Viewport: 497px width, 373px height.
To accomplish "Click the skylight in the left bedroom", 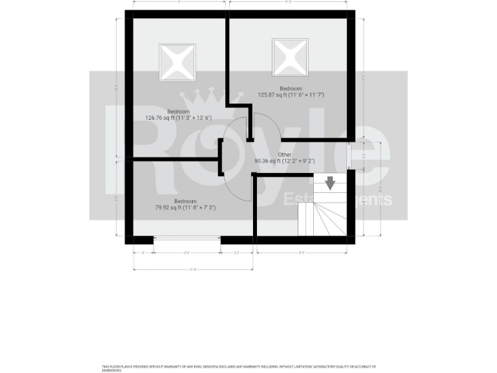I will coord(177,62).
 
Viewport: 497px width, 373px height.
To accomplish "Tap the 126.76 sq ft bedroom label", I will coord(179,115).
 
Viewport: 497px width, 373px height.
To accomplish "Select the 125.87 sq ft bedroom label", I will coord(291,92).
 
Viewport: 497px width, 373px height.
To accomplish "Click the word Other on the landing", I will coord(285,155).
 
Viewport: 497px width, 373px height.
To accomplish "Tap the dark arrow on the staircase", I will coord(331,183).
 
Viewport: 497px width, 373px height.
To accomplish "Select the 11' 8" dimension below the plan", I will coord(193,269).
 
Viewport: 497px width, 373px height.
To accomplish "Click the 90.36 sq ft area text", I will coord(285,161).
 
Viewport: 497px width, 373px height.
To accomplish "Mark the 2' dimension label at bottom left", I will coord(142,252).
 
